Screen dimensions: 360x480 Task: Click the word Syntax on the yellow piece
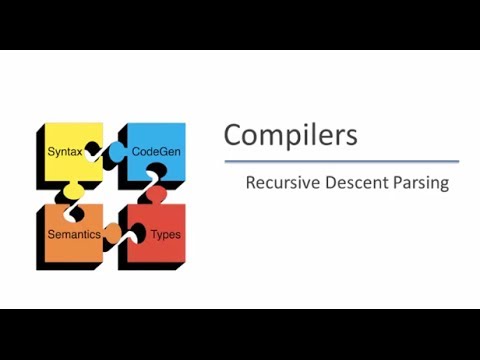(66, 151)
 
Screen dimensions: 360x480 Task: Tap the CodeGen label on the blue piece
(156, 151)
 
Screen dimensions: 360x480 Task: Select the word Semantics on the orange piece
(76, 234)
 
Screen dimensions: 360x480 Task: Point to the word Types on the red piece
(165, 235)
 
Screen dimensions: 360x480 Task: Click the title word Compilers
(290, 134)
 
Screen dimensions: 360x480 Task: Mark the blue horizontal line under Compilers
(341, 161)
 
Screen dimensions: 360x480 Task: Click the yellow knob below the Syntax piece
(73, 189)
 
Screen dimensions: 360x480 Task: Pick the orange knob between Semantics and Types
(113, 232)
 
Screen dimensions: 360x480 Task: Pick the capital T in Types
(153, 234)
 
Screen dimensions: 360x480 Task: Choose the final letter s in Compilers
(351, 136)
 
